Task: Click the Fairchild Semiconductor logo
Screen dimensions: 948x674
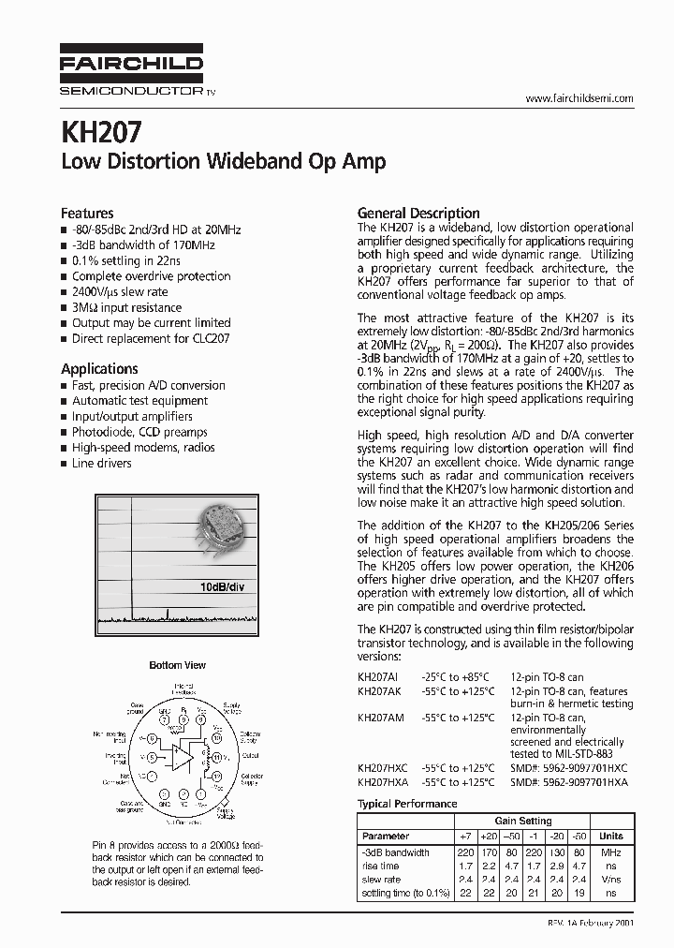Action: coord(131,71)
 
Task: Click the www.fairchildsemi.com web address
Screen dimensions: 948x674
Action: coord(579,98)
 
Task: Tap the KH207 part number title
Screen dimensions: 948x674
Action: coord(102,129)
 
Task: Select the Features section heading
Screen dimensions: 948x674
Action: coord(87,213)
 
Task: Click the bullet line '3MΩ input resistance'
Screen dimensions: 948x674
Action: coord(126,307)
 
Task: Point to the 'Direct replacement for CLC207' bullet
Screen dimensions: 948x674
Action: coord(150,338)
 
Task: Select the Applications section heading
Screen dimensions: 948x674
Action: coord(99,369)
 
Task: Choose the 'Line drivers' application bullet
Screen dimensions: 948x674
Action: coord(101,463)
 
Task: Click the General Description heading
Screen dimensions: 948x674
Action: coord(418,213)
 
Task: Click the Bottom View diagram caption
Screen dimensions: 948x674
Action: coord(177,665)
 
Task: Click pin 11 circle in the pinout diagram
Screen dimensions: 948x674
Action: coord(217,755)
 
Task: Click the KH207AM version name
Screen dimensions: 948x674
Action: coord(380,718)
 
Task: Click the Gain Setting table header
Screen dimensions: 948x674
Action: coord(522,821)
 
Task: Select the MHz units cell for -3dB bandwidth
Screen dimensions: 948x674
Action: coord(610,852)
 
